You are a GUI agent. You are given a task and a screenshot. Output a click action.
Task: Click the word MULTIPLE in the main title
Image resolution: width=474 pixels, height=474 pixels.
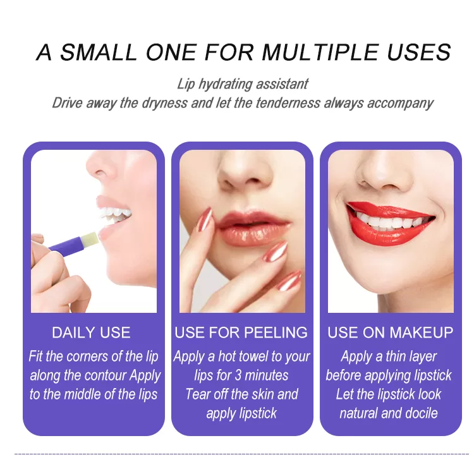[x=320, y=52]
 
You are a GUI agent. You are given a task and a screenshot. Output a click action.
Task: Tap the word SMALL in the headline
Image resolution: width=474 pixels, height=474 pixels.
[x=99, y=52]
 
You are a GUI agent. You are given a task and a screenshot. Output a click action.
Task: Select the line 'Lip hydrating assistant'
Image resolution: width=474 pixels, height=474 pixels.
[x=243, y=84]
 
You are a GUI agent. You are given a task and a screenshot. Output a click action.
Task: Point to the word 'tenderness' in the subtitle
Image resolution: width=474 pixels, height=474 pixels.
[x=288, y=103]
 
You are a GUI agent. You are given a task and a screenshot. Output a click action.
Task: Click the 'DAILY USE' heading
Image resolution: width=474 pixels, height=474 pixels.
[x=91, y=332]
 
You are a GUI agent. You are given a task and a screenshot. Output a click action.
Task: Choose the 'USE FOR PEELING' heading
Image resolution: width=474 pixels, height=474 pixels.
[x=241, y=332]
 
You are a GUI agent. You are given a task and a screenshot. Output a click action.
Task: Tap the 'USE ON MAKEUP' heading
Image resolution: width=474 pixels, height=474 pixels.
[x=391, y=332]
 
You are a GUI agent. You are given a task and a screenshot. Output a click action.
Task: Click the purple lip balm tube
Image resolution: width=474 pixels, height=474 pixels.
[x=65, y=245]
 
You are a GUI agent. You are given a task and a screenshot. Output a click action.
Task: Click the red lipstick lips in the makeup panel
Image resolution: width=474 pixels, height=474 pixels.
[x=391, y=223]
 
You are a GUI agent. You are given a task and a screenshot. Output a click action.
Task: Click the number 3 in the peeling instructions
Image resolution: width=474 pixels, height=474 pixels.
[x=238, y=375]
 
